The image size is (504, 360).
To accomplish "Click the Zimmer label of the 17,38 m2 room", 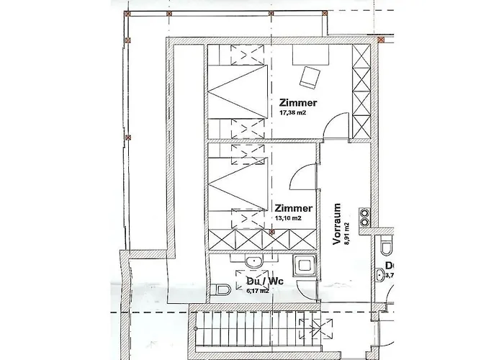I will click(298, 102).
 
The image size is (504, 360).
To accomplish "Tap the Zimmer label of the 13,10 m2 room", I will click(292, 207).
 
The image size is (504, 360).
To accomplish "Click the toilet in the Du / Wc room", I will click(222, 289).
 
